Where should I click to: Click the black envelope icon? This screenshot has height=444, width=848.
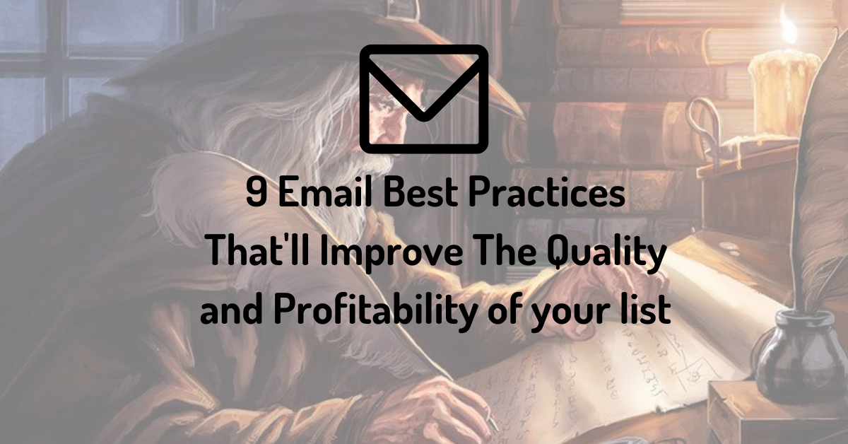coord(424,98)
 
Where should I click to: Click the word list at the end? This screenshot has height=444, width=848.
coord(649,311)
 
